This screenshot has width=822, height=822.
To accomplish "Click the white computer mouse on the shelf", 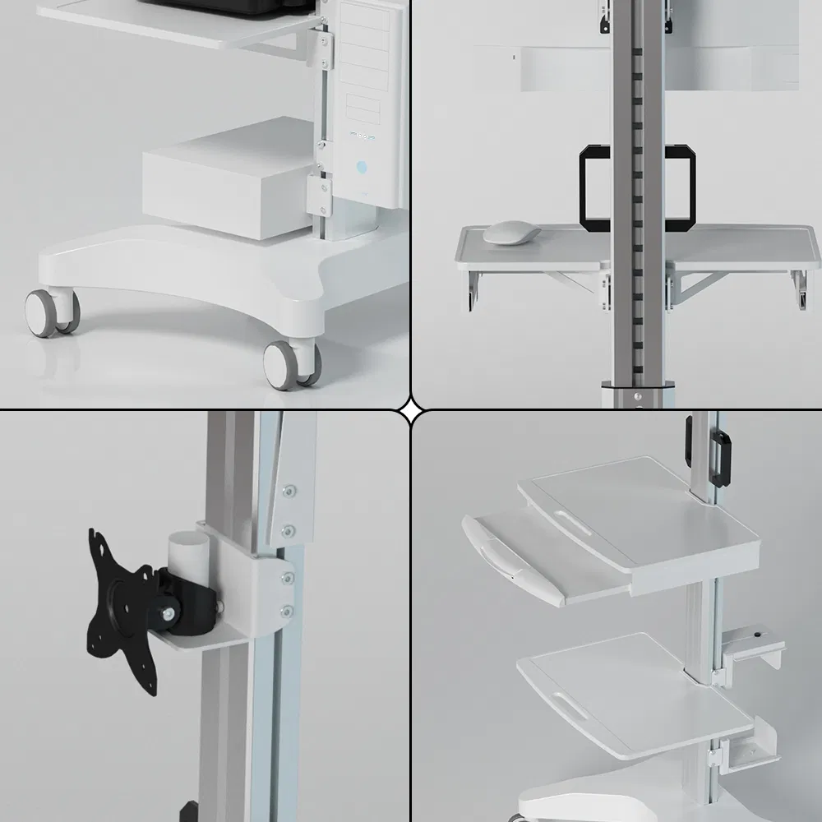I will [510, 233].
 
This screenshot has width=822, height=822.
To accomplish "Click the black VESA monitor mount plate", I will [120, 603].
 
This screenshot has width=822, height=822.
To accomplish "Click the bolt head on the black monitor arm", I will [169, 612].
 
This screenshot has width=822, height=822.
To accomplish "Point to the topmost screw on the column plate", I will [289, 492].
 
